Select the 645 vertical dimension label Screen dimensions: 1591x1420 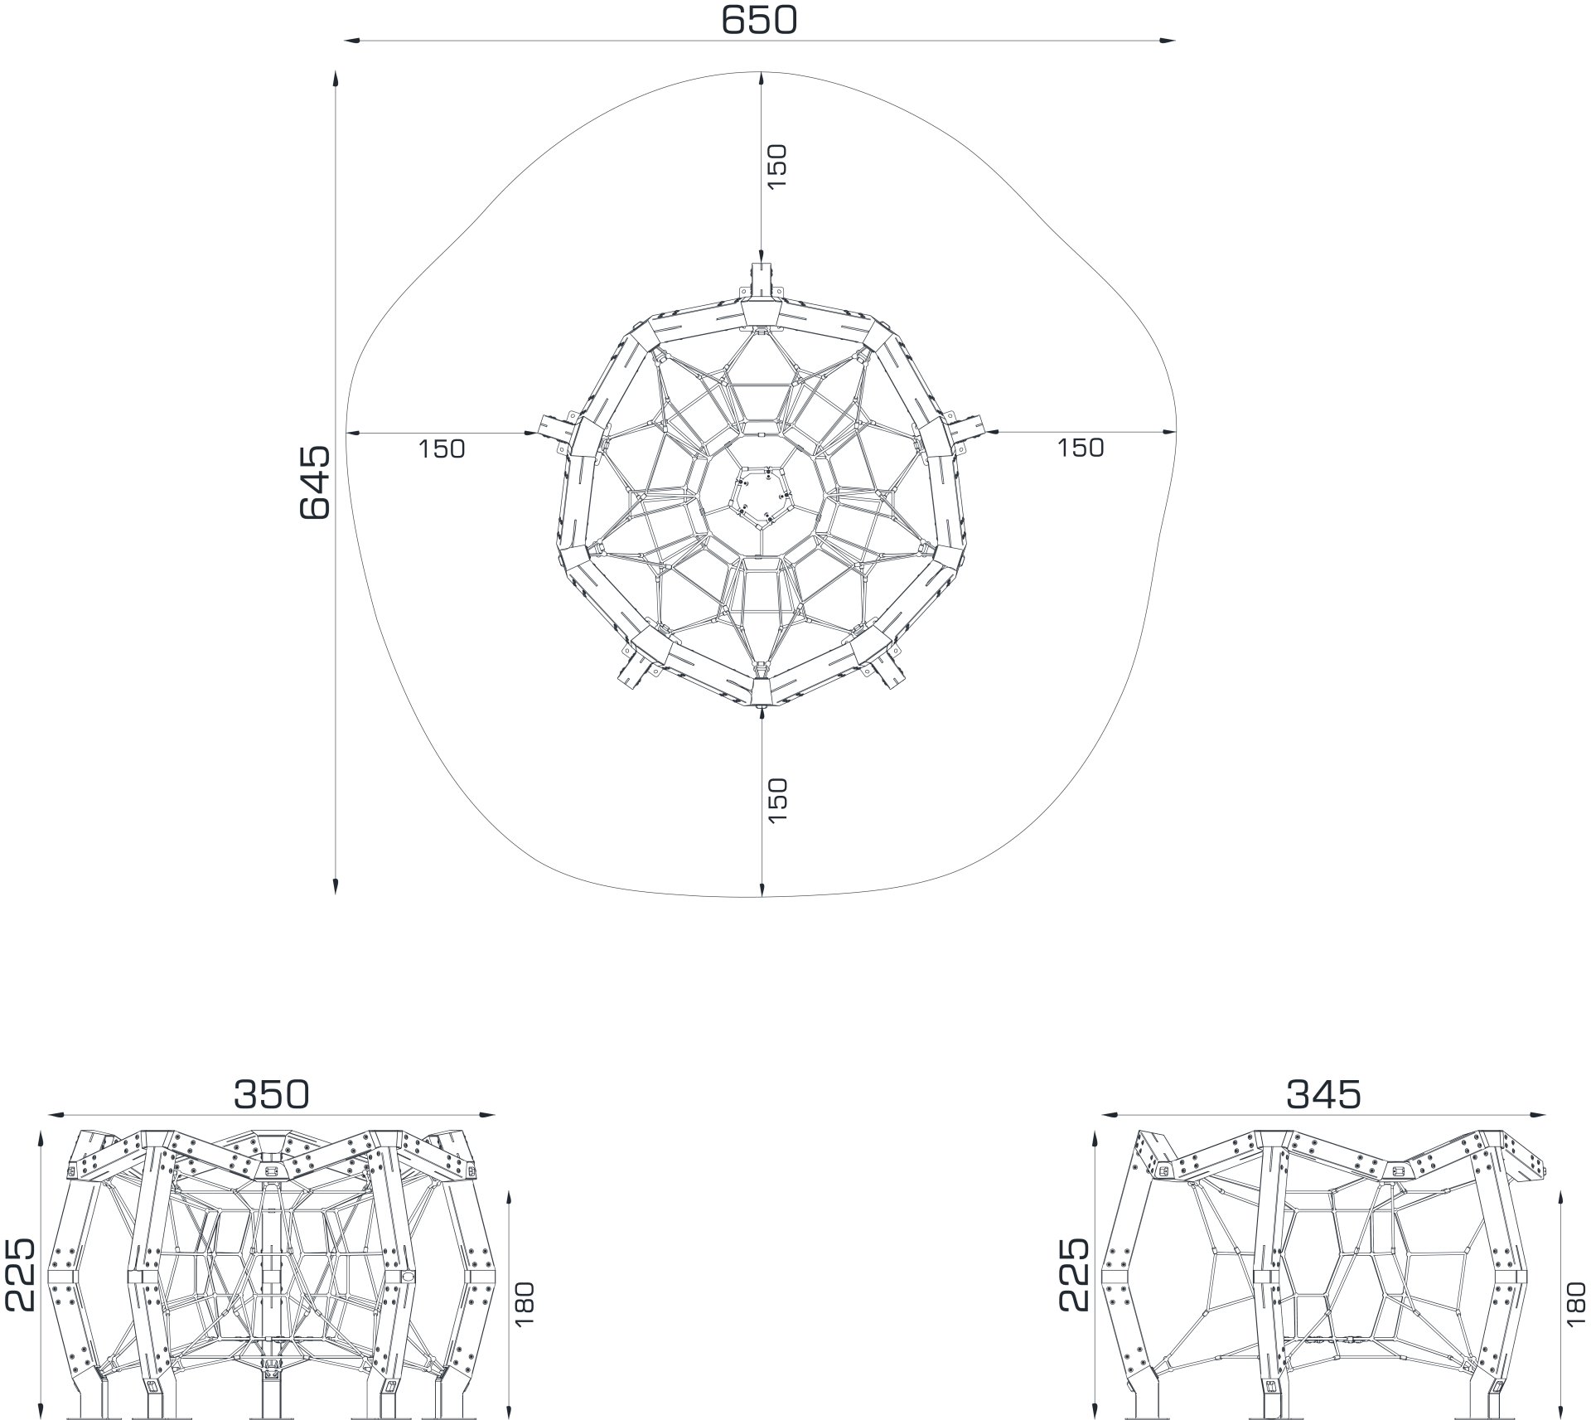[x=314, y=483]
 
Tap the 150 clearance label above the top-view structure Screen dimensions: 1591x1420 [x=776, y=167]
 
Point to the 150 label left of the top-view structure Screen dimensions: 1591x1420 [x=442, y=448]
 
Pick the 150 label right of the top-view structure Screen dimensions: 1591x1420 [x=1081, y=448]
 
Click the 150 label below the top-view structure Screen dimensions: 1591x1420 [x=776, y=800]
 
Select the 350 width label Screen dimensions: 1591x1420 [x=271, y=1094]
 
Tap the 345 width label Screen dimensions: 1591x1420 [x=1323, y=1094]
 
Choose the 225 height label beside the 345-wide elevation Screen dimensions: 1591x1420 [x=1073, y=1275]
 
